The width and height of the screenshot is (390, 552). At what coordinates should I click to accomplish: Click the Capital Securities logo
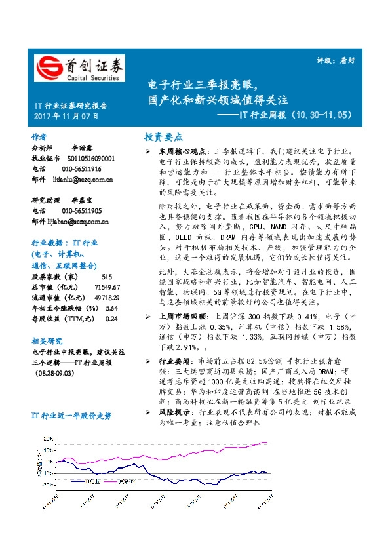tap(79, 69)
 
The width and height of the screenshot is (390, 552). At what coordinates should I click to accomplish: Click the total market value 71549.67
tap(107, 287)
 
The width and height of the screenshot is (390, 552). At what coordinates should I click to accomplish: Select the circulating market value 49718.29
tap(107, 298)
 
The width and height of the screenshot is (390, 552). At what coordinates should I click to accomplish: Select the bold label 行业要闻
tap(173, 361)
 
